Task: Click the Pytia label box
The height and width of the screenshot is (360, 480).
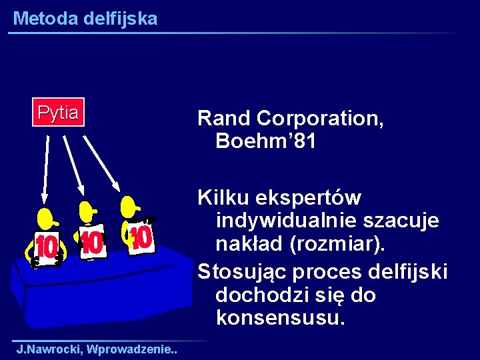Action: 58,112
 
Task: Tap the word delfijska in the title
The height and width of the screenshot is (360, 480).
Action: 121,19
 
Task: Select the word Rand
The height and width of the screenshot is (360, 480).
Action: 224,119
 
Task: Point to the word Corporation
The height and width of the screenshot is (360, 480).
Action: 320,119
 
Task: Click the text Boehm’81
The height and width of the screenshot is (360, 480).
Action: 266,141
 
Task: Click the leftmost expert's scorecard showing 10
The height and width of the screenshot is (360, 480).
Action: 46,247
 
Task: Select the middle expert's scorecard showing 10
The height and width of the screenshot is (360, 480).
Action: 92,243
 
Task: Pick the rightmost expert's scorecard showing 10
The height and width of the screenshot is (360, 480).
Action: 139,237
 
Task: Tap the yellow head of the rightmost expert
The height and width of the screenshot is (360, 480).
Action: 130,206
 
